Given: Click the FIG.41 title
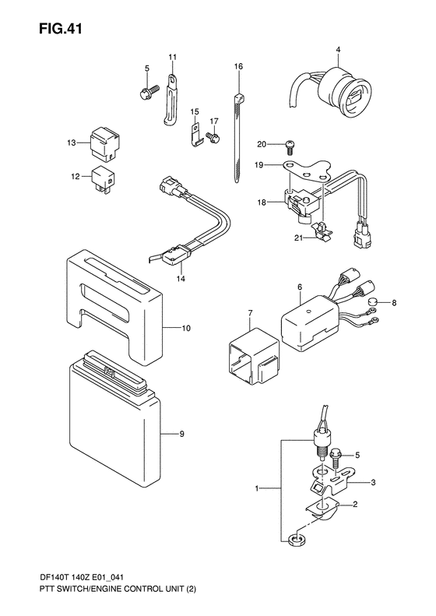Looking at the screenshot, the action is click(x=61, y=29).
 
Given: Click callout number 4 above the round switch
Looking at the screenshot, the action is click(x=338, y=50).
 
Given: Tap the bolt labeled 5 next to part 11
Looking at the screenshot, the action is click(x=148, y=93).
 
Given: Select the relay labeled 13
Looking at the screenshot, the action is click(x=105, y=143).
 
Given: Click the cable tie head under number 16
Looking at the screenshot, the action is click(x=239, y=98).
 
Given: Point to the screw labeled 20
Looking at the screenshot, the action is click(x=290, y=146).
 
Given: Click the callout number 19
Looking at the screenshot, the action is click(x=258, y=165).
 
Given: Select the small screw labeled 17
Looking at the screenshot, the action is click(x=214, y=137).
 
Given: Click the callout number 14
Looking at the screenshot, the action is click(x=181, y=279).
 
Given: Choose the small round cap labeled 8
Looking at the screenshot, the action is click(x=373, y=302).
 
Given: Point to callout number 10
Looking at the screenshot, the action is click(x=186, y=328).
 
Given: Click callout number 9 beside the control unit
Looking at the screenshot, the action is click(x=181, y=434).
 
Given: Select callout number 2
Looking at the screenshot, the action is click(x=355, y=505).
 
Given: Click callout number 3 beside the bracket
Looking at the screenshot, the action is click(x=373, y=482).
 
